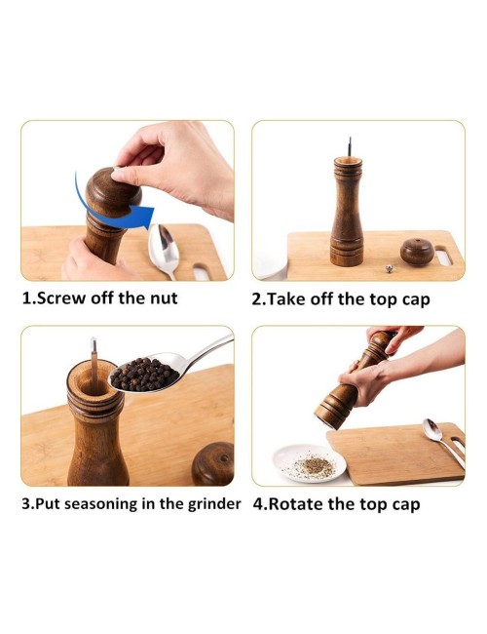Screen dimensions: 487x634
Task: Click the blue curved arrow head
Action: [143, 217]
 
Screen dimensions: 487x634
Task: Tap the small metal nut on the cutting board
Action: [389, 268]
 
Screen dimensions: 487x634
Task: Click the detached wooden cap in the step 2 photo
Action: [417, 252]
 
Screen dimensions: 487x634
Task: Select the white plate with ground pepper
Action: [310, 463]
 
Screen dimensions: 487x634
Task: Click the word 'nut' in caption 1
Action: [164, 298]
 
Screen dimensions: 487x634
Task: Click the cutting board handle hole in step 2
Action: [443, 258]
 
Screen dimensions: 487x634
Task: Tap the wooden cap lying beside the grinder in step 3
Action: [212, 463]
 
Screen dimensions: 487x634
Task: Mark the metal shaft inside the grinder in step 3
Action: [94, 365]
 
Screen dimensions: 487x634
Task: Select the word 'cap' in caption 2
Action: [416, 300]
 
